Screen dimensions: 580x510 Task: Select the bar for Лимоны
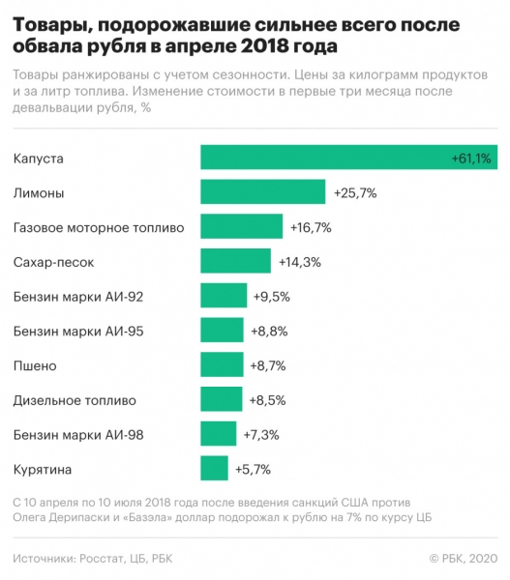coord(262,192)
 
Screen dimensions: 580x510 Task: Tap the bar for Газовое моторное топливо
coord(241,227)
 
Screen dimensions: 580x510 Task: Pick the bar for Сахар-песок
coord(235,262)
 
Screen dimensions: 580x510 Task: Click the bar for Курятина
coord(214,469)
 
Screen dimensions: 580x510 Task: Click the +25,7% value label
coord(354,193)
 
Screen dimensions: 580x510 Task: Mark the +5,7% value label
coord(253,470)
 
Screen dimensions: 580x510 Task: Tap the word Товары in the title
coord(49,22)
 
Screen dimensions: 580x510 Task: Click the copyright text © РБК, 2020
coord(463,558)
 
